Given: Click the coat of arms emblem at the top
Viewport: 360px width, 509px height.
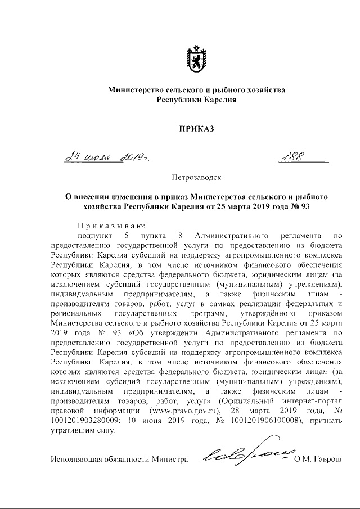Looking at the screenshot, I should coord(196,58).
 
